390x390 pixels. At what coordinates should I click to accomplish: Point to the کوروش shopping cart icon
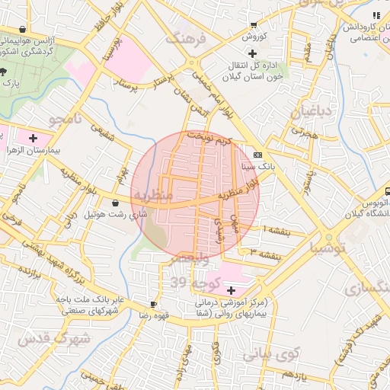point(253,25)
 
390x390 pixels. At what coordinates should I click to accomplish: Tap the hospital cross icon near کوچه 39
point(231,290)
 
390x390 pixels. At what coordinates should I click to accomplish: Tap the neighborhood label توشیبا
point(328,248)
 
